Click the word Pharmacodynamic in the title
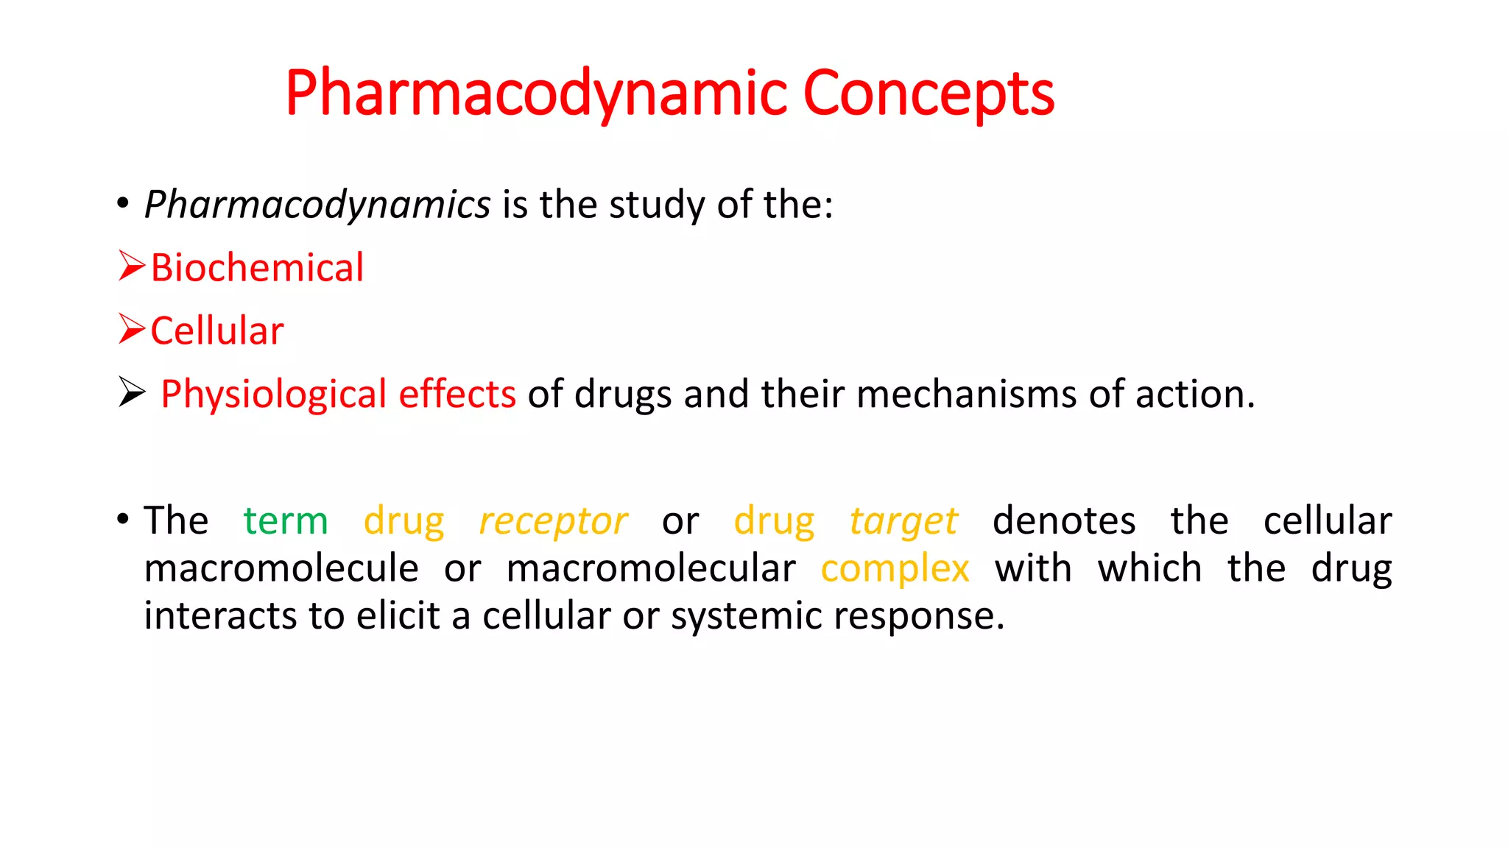click(537, 93)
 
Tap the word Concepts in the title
click(929, 93)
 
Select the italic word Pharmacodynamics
click(317, 205)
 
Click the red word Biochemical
click(257, 267)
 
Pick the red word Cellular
click(217, 331)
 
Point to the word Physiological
click(273, 395)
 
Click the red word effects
click(457, 394)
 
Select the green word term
click(286, 521)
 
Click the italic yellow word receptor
click(553, 521)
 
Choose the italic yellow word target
click(903, 521)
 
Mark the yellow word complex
click(895, 569)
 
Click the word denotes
click(1064, 521)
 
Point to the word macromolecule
click(281, 569)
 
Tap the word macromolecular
click(651, 569)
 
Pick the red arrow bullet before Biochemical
click(132, 266)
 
